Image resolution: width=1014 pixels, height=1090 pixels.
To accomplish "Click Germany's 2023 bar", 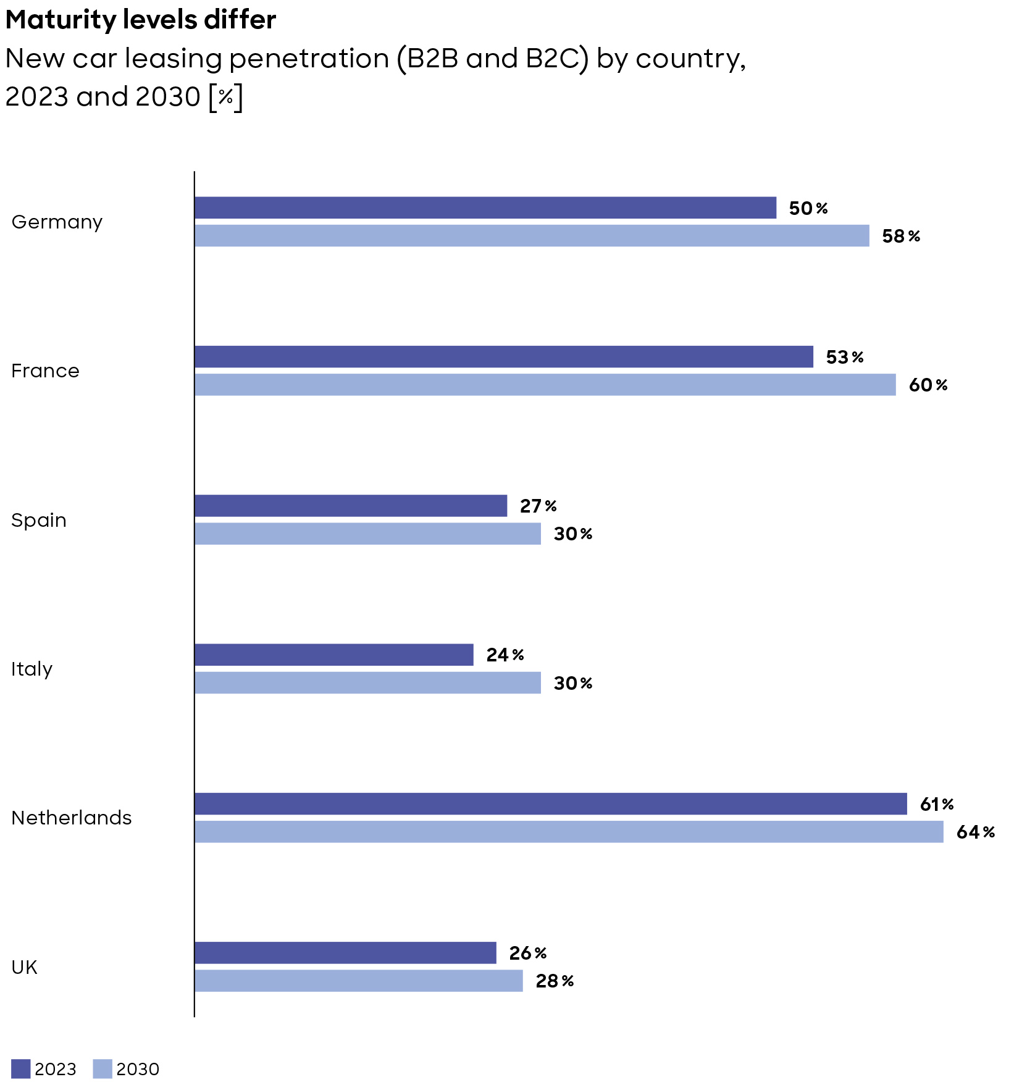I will click(x=485, y=208).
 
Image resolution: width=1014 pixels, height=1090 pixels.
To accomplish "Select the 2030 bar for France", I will click(x=545, y=384).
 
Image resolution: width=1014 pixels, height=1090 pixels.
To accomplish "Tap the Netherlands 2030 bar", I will click(x=569, y=831).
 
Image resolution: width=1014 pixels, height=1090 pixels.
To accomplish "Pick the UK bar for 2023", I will click(x=345, y=952).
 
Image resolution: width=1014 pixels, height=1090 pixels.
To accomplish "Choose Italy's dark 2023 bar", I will click(x=333, y=655).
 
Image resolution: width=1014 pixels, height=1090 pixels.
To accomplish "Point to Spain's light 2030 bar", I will click(x=367, y=534).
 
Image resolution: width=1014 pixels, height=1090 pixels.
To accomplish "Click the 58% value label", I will click(x=900, y=236).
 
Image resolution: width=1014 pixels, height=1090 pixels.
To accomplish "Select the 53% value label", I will click(x=844, y=357).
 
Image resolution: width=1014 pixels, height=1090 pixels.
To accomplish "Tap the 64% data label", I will click(x=975, y=832).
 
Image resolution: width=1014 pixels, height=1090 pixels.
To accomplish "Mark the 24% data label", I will click(x=505, y=655).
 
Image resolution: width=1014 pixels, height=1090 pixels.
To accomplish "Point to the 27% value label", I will click(x=538, y=506).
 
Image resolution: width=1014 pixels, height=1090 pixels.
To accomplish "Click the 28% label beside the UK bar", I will click(x=554, y=981).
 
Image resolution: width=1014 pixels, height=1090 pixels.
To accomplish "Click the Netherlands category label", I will click(x=72, y=818).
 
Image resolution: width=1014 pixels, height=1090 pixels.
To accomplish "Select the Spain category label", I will click(x=39, y=520).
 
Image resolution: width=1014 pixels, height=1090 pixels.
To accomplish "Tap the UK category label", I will click(x=25, y=967).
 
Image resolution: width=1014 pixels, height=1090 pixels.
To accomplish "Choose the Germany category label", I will click(x=57, y=222).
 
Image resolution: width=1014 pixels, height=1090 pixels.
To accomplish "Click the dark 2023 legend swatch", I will click(x=20, y=1068).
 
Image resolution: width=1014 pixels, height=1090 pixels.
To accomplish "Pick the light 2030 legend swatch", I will click(x=103, y=1068).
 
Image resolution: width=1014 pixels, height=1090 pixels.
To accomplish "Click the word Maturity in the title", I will click(x=61, y=20).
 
